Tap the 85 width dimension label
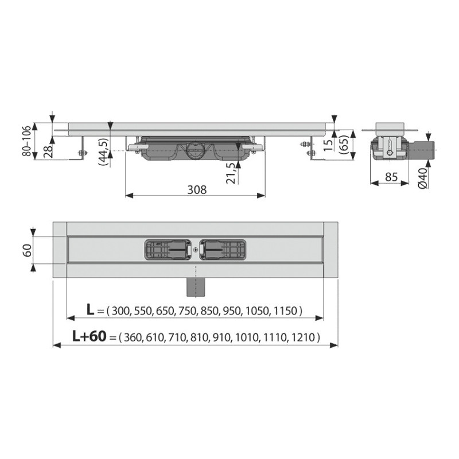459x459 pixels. tap(391, 177)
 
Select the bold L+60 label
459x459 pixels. tap(89, 337)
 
